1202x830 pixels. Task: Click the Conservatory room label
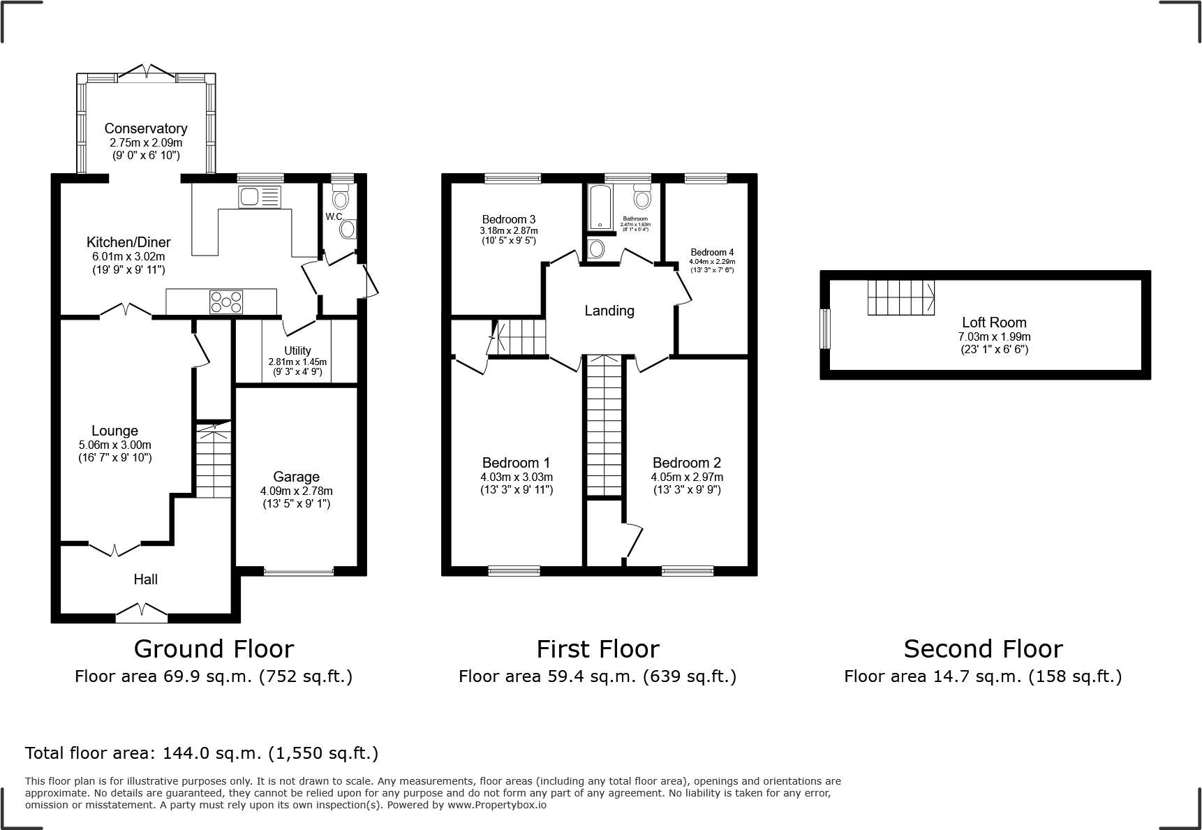click(x=146, y=128)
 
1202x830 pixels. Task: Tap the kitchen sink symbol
click(x=260, y=197)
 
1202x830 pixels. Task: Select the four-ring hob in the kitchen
click(x=227, y=302)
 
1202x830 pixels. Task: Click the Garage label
click(x=296, y=477)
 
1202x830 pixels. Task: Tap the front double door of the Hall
click(x=142, y=613)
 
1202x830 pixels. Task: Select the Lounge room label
click(x=114, y=431)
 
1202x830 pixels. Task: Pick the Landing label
click(x=609, y=311)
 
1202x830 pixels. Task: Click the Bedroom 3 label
click(x=508, y=219)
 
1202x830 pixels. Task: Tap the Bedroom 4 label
click(x=712, y=253)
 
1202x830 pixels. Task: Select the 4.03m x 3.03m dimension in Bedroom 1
click(x=517, y=477)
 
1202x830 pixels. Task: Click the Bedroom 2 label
click(x=687, y=463)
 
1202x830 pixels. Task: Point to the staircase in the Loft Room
click(x=900, y=297)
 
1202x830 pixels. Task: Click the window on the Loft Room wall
click(x=825, y=329)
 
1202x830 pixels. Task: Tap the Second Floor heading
click(x=983, y=649)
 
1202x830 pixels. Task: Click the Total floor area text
click(x=202, y=753)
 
